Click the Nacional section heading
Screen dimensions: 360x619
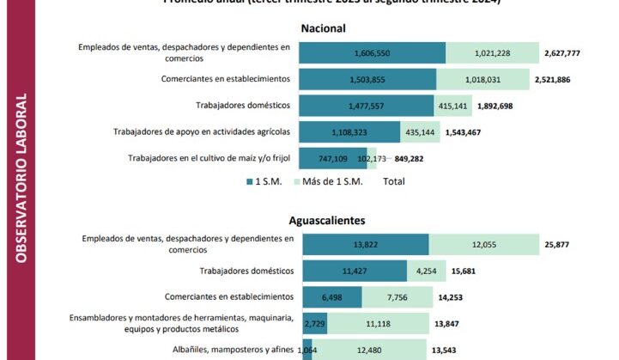pos(324,28)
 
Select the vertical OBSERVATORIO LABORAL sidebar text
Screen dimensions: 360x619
pos(22,180)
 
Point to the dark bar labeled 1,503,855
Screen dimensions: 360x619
pos(367,79)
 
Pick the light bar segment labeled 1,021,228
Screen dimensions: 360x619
pos(492,53)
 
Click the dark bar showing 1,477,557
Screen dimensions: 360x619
pos(367,106)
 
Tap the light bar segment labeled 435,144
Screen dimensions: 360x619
pos(420,132)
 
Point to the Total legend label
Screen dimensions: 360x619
pos(394,181)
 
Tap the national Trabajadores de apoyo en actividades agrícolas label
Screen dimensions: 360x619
pos(202,131)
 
